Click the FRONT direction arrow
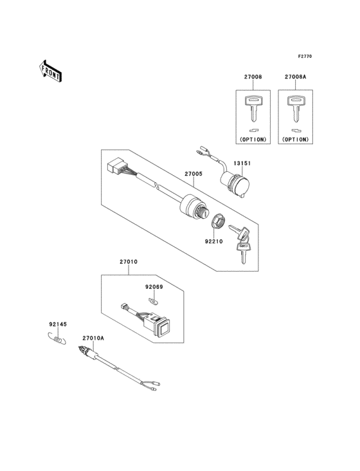[51, 71]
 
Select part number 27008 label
[253, 78]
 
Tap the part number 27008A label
[295, 78]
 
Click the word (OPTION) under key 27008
[253, 138]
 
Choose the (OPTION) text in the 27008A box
[295, 138]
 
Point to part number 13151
[241, 163]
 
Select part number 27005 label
[194, 173]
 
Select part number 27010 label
[128, 262]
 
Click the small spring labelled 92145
[58, 341]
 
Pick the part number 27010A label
[93, 338]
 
